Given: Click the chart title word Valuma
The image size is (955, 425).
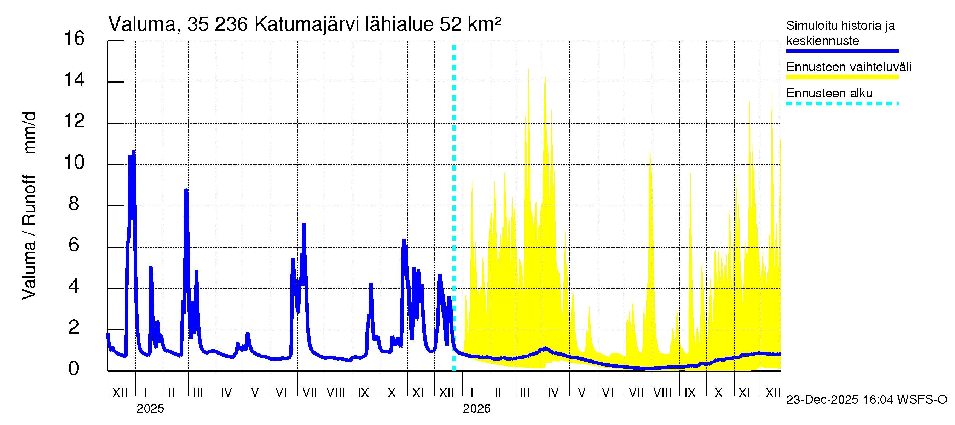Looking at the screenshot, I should [x=142, y=24].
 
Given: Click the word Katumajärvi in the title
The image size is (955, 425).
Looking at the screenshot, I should [x=307, y=24].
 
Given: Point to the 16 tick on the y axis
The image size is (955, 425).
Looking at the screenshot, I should [x=74, y=39].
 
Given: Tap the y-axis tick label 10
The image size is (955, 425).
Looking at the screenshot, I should [x=74, y=163].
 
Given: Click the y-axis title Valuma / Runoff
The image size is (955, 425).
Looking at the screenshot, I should [x=29, y=238].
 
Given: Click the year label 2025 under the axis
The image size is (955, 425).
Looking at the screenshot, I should [x=150, y=409].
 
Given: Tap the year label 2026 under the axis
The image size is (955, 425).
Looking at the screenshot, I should [x=476, y=409].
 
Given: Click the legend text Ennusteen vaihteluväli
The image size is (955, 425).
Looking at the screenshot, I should [x=848, y=67].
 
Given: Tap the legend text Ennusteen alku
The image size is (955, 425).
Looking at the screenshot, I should [x=829, y=93].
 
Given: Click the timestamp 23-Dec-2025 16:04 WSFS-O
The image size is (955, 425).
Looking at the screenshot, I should [x=866, y=400].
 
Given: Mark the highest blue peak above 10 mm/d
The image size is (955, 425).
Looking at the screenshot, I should [x=134, y=152].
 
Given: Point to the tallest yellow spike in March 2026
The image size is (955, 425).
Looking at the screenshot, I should [x=528, y=70].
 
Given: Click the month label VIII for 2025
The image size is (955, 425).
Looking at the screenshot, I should [x=336, y=393].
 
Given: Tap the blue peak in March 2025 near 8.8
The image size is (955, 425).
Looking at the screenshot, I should [x=186, y=191].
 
